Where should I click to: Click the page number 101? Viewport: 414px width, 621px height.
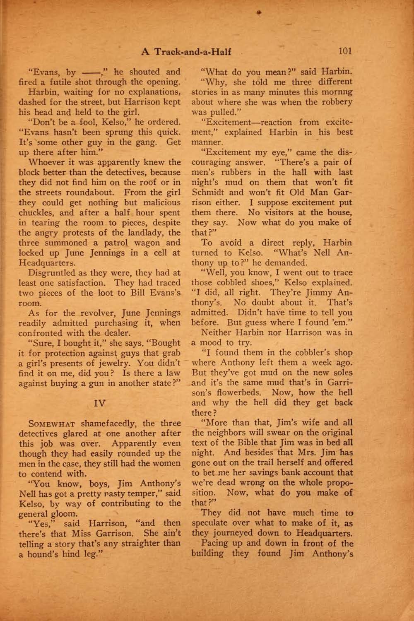(x=345, y=51)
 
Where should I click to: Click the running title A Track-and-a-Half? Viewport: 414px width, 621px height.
(x=186, y=52)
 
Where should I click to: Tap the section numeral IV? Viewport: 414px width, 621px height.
(x=100, y=403)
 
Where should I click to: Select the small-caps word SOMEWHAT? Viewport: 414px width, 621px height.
(x=51, y=424)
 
